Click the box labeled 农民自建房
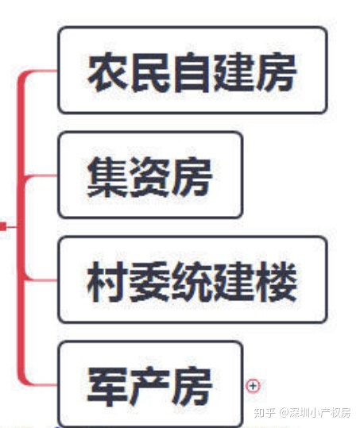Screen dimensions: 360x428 pos(192,70)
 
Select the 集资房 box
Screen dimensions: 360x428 pos(150,175)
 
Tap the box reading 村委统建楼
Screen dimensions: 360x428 pos(192,280)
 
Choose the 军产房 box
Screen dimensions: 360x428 pos(150,384)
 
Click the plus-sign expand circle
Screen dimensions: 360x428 pos(253,386)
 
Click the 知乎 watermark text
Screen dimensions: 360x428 pos(264,413)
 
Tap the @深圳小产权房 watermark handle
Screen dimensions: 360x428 pos(315,413)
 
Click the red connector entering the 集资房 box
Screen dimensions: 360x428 pos(41,175)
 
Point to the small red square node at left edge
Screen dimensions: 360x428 pos(2,226)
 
